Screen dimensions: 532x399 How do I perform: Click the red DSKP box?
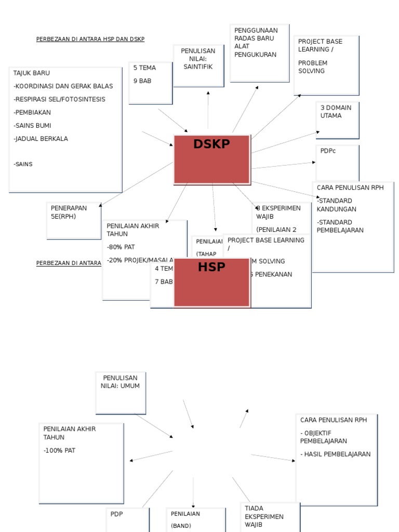211,159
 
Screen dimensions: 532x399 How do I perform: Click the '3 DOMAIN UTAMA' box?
337,119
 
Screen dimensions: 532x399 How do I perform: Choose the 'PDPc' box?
337,162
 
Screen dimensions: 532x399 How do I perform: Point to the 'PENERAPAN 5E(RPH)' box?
73,220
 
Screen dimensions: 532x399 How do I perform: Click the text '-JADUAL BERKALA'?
41,139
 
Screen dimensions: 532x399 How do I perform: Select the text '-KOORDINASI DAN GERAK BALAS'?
63,86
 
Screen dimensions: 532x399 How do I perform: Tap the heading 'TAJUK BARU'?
32,73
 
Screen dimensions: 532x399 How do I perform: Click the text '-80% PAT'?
121,247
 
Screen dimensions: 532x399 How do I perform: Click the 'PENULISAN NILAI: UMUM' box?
120,392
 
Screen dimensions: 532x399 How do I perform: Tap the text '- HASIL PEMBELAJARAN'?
336,454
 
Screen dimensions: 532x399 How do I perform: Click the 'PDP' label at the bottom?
116,514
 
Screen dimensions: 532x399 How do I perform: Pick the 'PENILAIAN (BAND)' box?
195,520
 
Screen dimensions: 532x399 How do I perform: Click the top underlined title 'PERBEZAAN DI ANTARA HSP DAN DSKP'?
90,39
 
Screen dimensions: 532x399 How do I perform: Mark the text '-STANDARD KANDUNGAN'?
337,205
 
